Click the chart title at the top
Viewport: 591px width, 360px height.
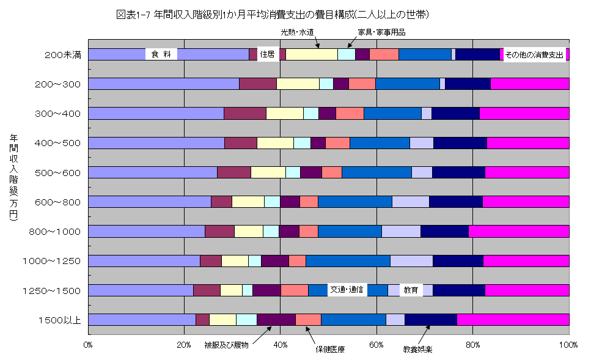[x=272, y=14]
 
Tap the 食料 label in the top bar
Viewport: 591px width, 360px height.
[x=161, y=54]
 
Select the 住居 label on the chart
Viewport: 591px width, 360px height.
[x=267, y=54]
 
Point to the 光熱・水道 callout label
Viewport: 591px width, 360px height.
[x=298, y=32]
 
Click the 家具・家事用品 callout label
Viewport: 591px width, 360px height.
[x=381, y=32]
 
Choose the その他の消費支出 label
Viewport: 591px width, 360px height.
[x=534, y=54]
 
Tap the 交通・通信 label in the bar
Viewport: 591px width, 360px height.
[x=347, y=290]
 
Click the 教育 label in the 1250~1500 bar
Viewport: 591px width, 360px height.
[x=411, y=290]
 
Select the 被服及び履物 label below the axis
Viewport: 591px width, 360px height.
[x=227, y=346]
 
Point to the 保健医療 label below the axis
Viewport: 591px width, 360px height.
[x=330, y=350]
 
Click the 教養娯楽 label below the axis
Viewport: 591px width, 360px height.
[x=417, y=350]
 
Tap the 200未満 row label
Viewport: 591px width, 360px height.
[x=63, y=55]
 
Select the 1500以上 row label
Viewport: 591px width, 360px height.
[x=59, y=320]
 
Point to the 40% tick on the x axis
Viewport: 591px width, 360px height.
[x=281, y=345]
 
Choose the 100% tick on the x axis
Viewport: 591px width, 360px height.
[x=568, y=345]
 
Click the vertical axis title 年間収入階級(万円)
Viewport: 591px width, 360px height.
[x=13, y=177]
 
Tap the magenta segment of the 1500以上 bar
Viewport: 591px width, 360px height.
[x=513, y=320]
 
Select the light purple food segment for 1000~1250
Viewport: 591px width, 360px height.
[x=144, y=261]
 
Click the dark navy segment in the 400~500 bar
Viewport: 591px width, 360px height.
[x=460, y=143]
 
